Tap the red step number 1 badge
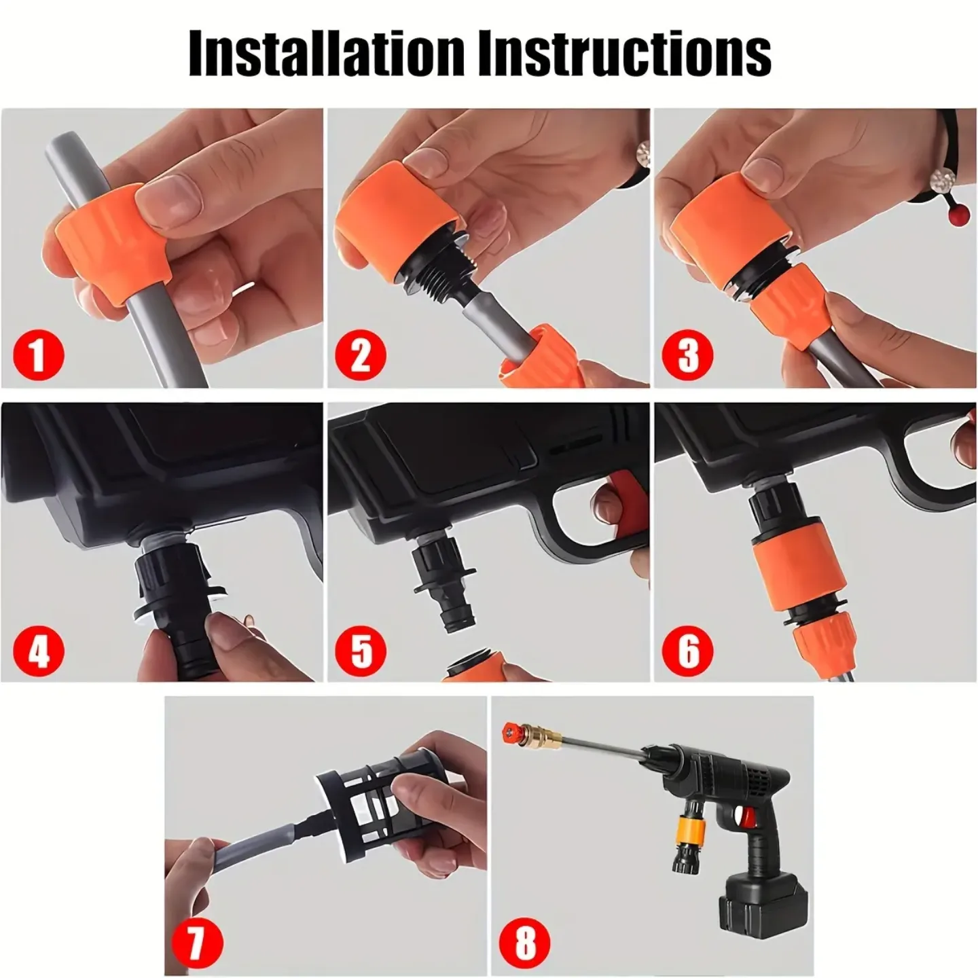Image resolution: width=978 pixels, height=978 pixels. tap(39, 355)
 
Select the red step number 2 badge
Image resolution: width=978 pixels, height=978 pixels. tap(360, 355)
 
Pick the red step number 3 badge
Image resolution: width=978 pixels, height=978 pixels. tap(688, 355)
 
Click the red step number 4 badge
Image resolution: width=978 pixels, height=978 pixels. tap(39, 650)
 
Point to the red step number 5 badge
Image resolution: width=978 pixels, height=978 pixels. tap(361, 650)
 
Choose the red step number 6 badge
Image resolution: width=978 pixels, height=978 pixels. tap(688, 650)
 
